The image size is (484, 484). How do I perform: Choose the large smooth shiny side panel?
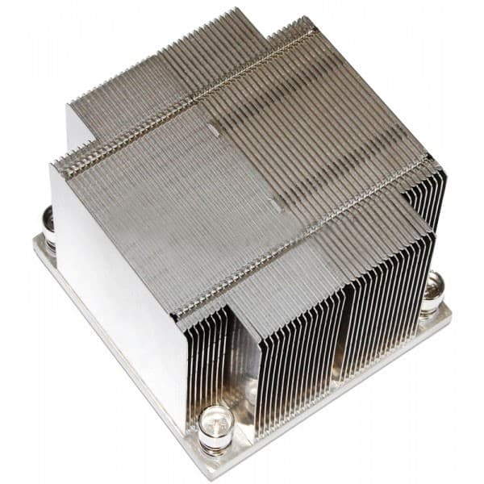point(121,290)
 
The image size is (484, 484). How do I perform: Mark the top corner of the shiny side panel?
point(54,165)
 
